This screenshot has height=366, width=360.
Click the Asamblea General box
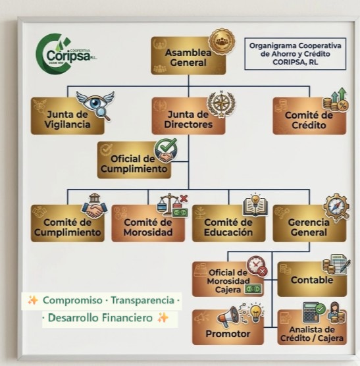(188, 55)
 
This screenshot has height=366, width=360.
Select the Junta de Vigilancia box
(67, 116)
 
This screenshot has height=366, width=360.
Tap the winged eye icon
(95, 105)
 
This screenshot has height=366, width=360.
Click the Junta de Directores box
(188, 116)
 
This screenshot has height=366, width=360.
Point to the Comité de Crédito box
(309, 116)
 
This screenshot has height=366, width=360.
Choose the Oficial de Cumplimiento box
(134, 160)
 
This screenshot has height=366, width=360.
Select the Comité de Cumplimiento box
(67, 223)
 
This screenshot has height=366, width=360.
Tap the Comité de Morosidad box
(148, 223)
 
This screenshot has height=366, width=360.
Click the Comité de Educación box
(228, 223)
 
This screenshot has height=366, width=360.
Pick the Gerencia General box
(309, 223)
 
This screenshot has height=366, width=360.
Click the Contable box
(312, 279)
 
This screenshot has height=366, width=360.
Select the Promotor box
(228, 327)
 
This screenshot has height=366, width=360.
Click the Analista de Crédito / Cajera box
(312, 327)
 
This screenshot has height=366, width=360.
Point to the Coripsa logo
(66, 54)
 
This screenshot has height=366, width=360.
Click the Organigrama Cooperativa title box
(295, 54)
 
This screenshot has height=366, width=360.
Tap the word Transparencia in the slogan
(143, 300)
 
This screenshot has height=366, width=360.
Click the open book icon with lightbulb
(255, 205)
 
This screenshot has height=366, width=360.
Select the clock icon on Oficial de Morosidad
(257, 266)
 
